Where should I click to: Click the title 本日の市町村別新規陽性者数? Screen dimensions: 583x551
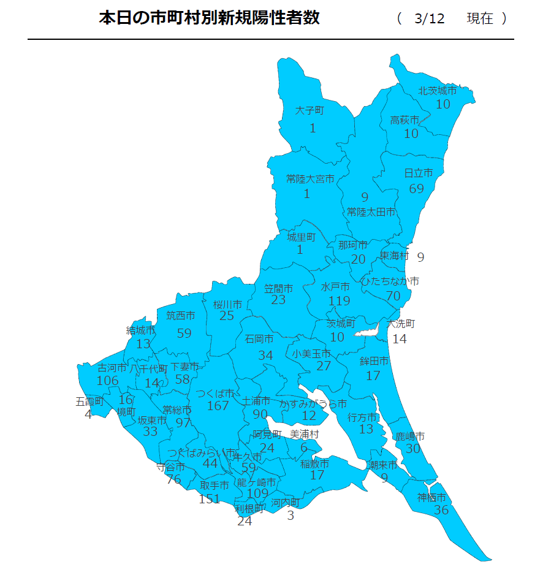209,18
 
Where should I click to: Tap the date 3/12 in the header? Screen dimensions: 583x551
428,18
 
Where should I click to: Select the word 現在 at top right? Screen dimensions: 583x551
479,18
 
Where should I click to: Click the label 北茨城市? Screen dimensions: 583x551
438,91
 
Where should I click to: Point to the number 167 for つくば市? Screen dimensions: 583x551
218,406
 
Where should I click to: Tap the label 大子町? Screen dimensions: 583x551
309,111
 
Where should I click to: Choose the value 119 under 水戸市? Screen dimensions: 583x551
339,300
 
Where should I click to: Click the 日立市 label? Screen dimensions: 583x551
419,173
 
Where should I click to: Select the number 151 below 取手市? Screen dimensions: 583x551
209,499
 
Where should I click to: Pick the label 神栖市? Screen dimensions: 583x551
431,497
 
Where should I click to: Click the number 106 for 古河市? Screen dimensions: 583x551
108,381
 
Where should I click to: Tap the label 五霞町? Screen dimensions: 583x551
89,402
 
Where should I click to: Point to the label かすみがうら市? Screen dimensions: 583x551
313,404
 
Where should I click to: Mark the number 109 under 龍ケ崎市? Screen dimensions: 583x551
258,493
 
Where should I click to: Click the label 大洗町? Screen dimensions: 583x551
401,324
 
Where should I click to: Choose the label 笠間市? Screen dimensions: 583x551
278,288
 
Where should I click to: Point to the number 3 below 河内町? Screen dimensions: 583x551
291,516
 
